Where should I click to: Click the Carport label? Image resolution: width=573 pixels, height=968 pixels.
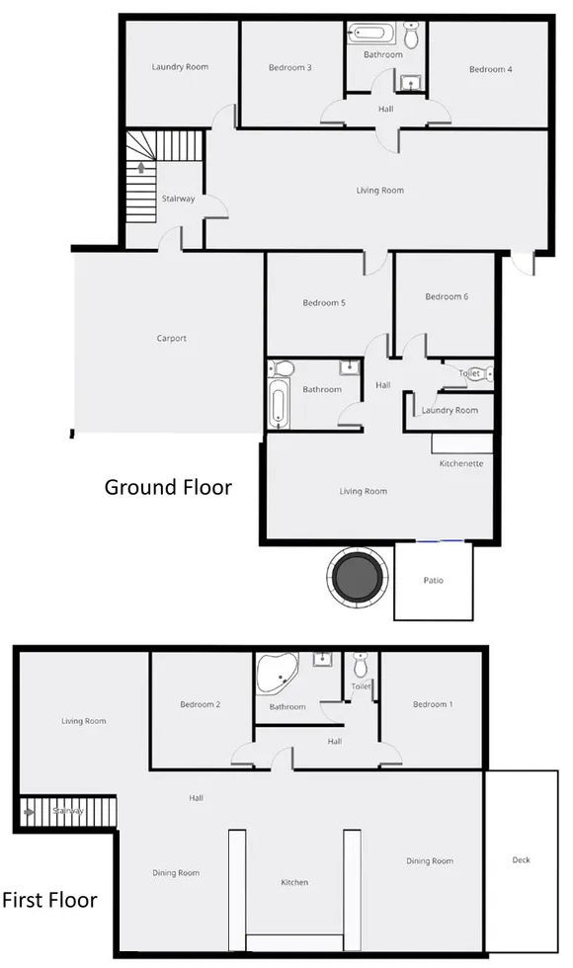[171, 339]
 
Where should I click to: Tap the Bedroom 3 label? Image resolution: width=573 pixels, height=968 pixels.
[290, 68]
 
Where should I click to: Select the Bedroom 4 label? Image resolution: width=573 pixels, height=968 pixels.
[490, 69]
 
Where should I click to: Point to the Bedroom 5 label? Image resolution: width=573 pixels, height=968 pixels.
[323, 303]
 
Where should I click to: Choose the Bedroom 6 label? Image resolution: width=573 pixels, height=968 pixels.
[446, 296]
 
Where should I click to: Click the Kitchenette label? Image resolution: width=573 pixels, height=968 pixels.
[461, 463]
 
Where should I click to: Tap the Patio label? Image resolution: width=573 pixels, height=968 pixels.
[433, 580]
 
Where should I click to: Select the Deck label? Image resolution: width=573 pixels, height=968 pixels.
[521, 860]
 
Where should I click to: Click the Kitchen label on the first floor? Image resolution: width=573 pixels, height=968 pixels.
[294, 882]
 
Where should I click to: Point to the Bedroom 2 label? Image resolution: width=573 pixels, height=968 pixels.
[200, 704]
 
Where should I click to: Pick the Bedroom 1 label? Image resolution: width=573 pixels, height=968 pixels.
[433, 704]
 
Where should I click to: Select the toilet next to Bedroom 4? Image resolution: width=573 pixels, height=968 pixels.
[412, 36]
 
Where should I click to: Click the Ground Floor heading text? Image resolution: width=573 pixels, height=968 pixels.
[168, 487]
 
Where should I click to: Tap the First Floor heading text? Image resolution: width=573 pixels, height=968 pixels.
[49, 900]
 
